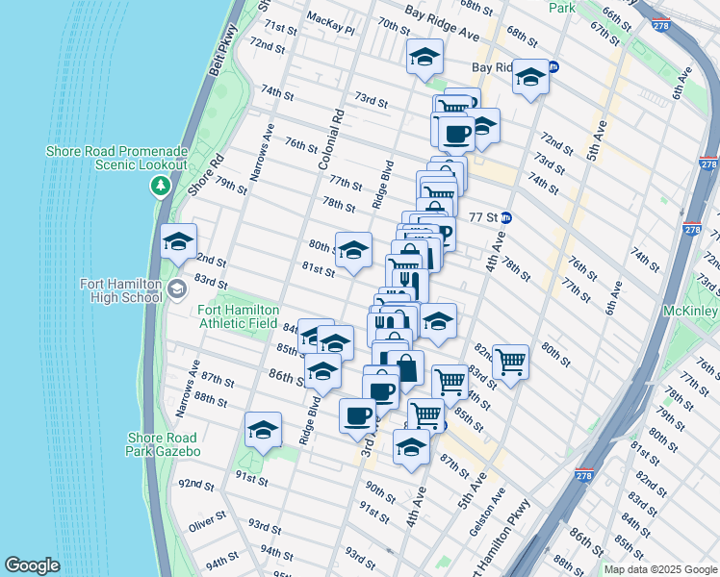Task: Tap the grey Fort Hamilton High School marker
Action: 177,288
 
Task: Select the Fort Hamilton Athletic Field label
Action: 239,316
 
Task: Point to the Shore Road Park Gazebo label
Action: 164,444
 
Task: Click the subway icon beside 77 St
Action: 506,217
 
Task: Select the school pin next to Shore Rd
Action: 178,243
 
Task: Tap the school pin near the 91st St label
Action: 262,432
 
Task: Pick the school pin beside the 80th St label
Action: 353,250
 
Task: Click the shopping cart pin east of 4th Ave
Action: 510,362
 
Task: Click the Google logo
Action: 32,565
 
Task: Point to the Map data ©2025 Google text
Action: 659,569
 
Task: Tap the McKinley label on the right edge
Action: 690,312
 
